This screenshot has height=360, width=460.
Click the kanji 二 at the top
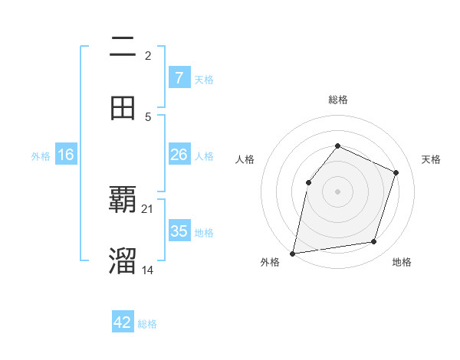(123, 47)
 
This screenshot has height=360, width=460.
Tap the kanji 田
(123, 107)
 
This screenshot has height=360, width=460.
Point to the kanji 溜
(123, 260)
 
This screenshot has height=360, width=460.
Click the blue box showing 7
(179, 77)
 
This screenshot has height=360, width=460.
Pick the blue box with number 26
(179, 155)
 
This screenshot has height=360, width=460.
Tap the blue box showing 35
(179, 231)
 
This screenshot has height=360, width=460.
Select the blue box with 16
(66, 155)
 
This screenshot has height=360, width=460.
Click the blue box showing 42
(123, 322)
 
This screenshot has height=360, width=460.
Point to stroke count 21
(148, 208)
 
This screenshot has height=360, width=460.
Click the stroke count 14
(148, 270)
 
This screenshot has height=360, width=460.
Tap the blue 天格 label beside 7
(204, 79)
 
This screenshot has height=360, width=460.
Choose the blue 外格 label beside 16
(41, 155)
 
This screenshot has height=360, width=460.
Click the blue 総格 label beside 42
(147, 324)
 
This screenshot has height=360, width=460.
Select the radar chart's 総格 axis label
(337, 100)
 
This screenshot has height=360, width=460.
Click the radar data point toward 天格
(396, 172)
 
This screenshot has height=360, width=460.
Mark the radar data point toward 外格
(293, 253)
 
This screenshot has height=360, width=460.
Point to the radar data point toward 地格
(374, 241)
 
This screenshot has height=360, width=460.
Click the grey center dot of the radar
(337, 191)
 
